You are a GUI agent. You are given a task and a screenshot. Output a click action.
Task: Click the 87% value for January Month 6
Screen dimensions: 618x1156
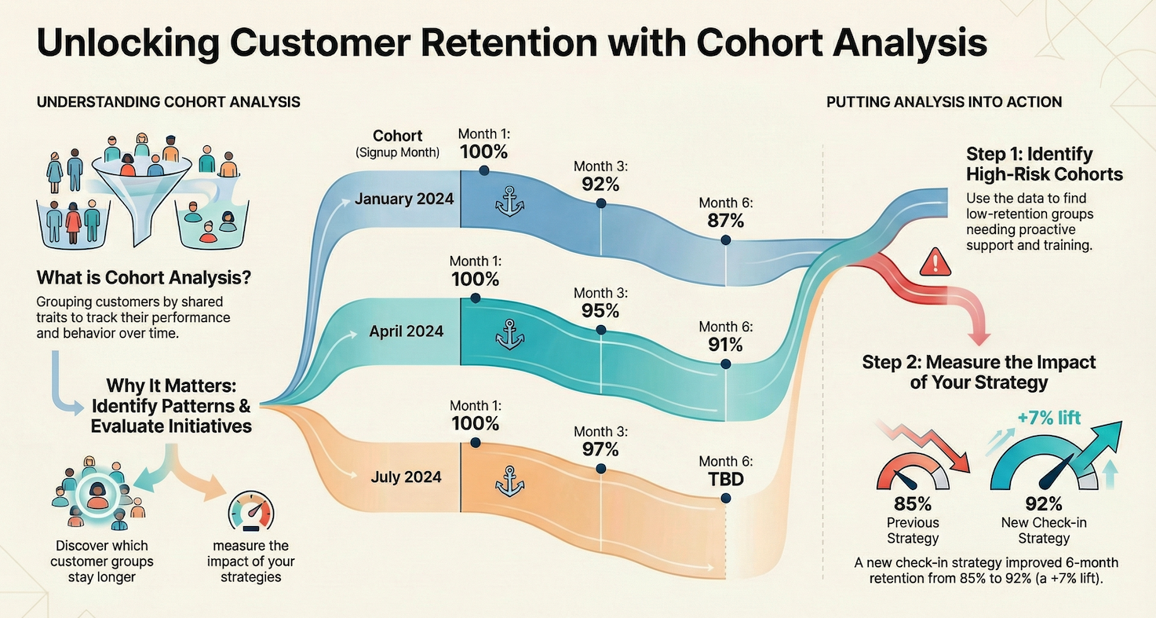click(725, 221)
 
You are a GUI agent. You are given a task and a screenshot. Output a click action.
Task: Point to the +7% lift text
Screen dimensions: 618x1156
click(1048, 418)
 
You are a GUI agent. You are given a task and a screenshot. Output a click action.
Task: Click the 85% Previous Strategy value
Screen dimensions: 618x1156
click(913, 503)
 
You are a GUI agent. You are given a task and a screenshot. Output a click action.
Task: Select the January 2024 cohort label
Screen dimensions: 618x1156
click(403, 199)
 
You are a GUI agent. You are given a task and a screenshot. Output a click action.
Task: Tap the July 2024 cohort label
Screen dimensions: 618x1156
click(407, 477)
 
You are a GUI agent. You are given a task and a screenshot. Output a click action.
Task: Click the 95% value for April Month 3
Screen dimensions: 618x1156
click(601, 310)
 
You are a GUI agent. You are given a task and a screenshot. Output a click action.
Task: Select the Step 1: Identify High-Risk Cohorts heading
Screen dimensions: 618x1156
click(1045, 163)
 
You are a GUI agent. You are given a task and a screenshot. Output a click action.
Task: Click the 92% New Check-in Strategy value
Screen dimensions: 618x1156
click(1044, 503)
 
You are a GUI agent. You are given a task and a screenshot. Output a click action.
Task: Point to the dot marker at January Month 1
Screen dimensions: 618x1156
click(483, 170)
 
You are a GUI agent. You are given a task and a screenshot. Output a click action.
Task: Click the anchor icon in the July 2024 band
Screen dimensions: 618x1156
click(509, 480)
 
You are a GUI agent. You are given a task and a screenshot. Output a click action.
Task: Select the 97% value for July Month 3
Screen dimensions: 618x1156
click(601, 449)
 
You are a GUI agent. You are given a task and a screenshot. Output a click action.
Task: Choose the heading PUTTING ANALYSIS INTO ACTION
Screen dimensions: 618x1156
click(944, 102)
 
